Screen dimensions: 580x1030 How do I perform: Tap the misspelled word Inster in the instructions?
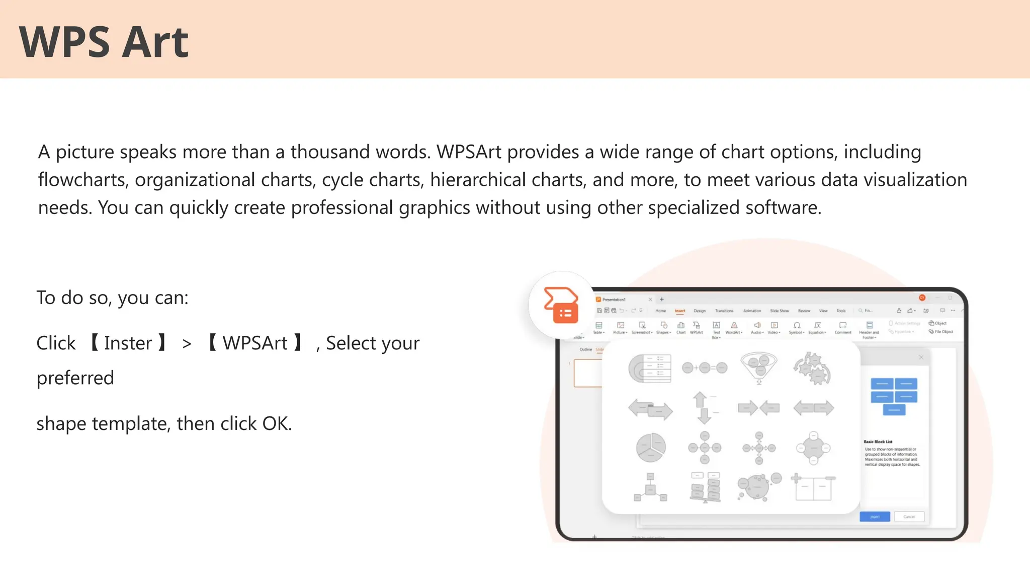pyautogui.click(x=128, y=343)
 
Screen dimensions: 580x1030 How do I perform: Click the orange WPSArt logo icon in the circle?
pyautogui.click(x=561, y=305)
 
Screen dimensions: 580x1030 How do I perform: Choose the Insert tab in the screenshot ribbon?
pyautogui.click(x=680, y=311)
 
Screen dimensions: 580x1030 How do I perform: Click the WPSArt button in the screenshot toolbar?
pyautogui.click(x=697, y=328)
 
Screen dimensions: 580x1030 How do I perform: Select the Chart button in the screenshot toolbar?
pyautogui.click(x=681, y=328)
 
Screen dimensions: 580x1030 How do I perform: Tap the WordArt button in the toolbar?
pyautogui.click(x=734, y=328)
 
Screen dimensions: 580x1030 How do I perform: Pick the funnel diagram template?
pyautogui.click(x=759, y=368)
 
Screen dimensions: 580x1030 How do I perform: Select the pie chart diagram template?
pyautogui.click(x=651, y=447)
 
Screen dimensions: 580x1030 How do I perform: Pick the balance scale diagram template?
pyautogui.click(x=705, y=487)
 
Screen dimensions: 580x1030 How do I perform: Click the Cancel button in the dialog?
pyautogui.click(x=909, y=517)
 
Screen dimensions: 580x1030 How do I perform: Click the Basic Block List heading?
pyautogui.click(x=878, y=442)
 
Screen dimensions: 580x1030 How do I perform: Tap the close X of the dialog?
pyautogui.click(x=921, y=357)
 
